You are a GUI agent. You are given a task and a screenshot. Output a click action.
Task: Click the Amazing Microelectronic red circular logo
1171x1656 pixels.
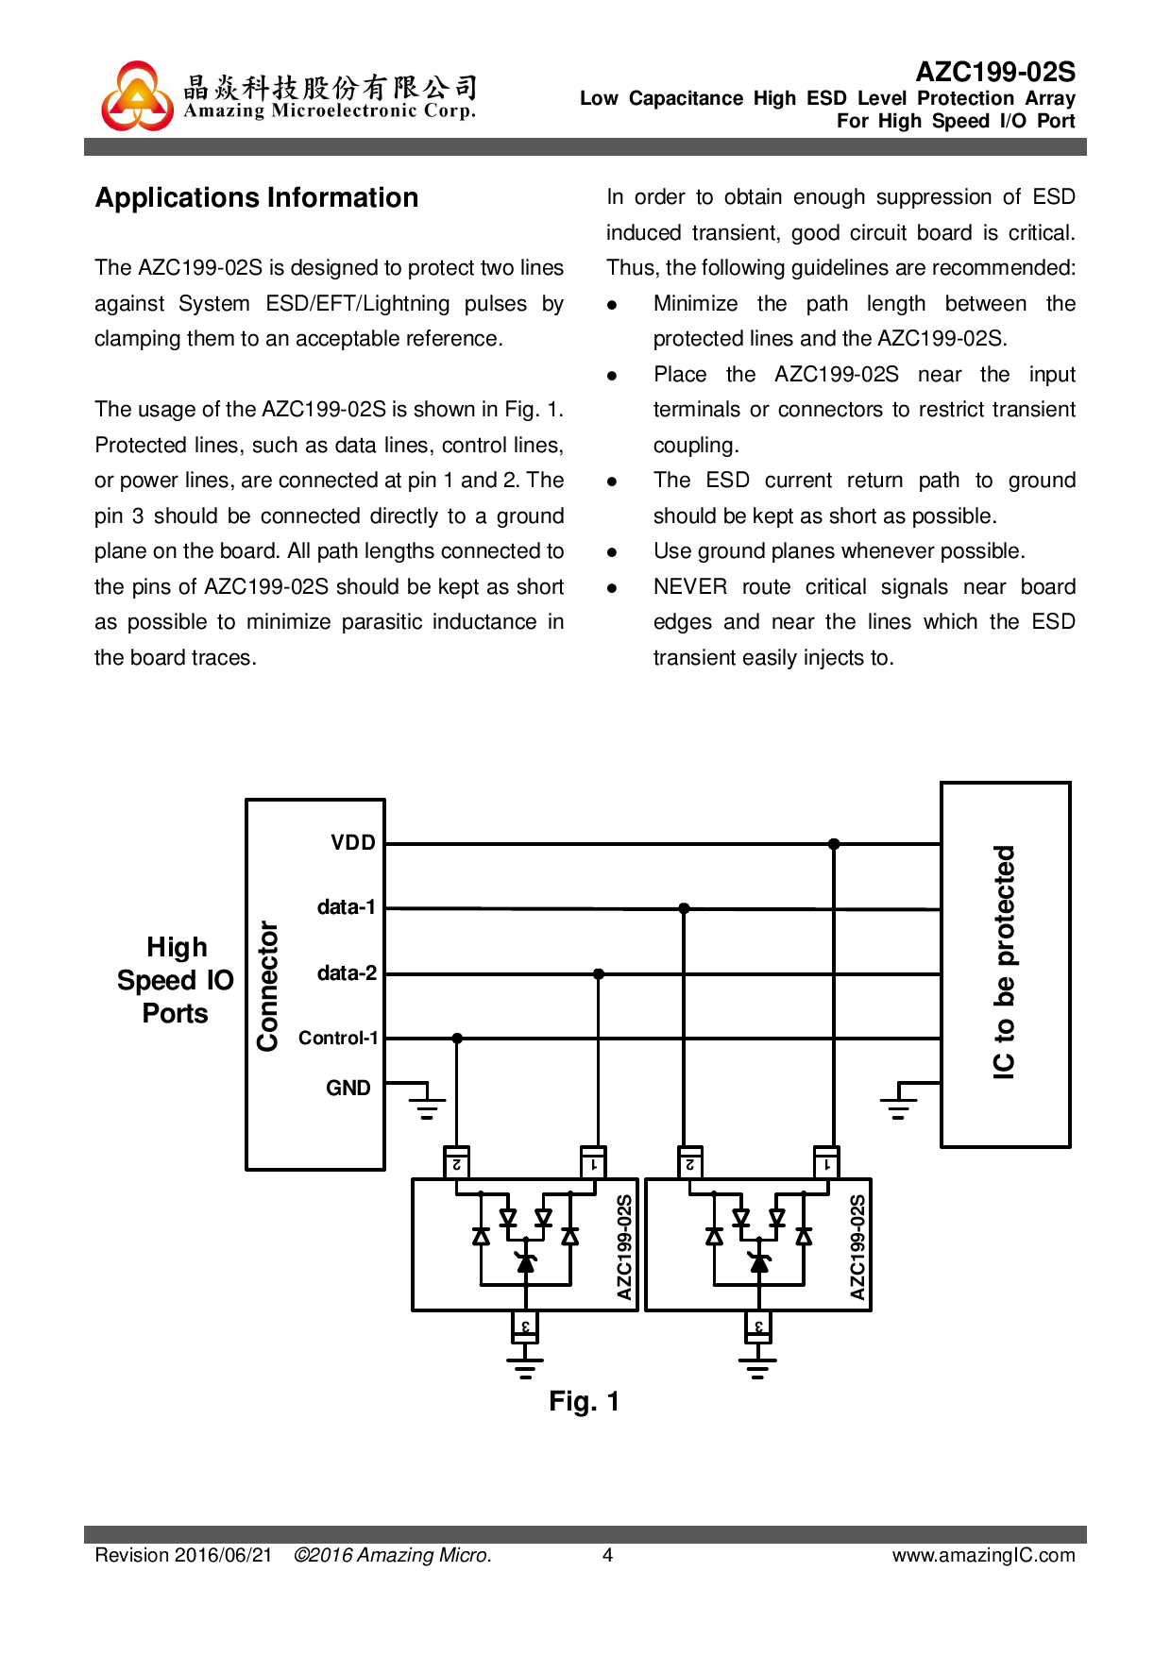coord(138,96)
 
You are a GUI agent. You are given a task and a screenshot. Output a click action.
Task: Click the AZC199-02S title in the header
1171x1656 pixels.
coord(995,72)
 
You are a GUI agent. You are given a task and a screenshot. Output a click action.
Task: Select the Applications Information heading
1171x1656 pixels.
coord(257,197)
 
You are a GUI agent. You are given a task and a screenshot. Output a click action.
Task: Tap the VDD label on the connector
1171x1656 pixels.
coord(353,842)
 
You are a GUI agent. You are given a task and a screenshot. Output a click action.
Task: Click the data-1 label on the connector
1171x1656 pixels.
coord(347,907)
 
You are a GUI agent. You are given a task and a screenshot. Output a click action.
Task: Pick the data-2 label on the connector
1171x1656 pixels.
coord(347,973)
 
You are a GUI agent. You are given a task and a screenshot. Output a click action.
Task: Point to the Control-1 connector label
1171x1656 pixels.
coord(338,1038)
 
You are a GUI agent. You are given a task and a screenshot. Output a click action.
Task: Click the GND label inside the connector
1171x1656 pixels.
coord(348,1088)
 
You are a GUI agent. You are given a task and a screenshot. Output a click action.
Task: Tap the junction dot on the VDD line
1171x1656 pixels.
coord(834,844)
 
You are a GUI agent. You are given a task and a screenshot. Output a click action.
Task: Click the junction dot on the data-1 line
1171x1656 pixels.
coord(684,908)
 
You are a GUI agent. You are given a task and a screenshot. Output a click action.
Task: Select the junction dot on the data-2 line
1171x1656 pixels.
coord(599,973)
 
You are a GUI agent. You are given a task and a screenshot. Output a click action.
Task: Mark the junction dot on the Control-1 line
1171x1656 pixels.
coord(457,1038)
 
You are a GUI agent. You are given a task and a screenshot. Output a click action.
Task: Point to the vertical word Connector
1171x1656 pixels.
coord(268,986)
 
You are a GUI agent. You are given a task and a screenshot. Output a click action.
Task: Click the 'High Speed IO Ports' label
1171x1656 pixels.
coord(176,980)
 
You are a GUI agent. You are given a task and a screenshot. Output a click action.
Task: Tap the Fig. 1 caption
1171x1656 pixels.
coord(584,1401)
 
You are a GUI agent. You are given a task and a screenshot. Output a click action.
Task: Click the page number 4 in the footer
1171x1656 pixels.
coord(608,1555)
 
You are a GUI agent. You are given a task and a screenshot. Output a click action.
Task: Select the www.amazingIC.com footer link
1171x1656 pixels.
coord(983,1555)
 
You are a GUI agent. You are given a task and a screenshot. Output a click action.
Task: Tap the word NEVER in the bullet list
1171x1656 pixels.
coord(689,587)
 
